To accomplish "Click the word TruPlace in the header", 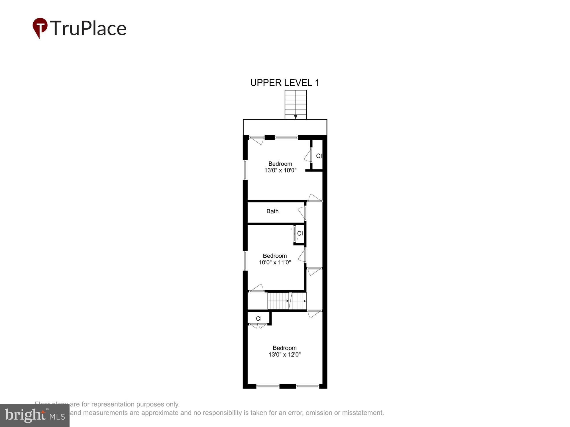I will click(x=88, y=28).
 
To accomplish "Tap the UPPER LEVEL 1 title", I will click(x=284, y=83).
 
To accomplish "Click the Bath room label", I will click(x=272, y=211).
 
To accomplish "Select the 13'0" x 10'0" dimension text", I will click(x=280, y=171).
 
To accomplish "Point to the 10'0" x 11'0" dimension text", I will click(x=274, y=262).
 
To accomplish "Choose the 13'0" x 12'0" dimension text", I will click(x=284, y=355).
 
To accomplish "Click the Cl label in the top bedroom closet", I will click(x=319, y=156).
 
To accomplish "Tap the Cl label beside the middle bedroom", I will click(x=300, y=234).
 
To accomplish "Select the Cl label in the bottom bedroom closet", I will click(x=258, y=319).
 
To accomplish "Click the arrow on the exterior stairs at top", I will click(x=296, y=117).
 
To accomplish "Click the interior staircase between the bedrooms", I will click(x=286, y=301).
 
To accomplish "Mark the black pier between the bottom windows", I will click(x=288, y=386).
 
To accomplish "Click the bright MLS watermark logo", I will click(x=35, y=416).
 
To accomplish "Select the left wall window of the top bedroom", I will click(x=245, y=170).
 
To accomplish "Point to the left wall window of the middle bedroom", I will click(x=245, y=260).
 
